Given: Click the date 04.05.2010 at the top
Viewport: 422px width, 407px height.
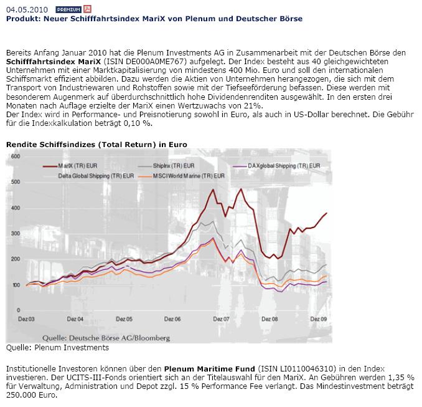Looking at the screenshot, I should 26,10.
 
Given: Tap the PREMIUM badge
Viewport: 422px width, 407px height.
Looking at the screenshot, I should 68,10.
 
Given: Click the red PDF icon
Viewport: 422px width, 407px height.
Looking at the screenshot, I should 87,10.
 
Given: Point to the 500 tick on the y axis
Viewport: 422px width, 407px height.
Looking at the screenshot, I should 14,182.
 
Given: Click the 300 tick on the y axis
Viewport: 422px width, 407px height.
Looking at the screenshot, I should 14,233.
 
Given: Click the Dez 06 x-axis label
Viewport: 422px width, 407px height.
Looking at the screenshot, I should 173,318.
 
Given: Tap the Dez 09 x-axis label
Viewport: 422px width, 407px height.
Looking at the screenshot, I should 319,318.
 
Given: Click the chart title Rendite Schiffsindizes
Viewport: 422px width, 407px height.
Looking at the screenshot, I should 96,145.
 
